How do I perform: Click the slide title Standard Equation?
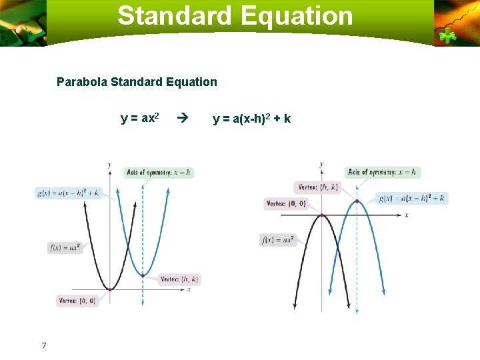point(235,16)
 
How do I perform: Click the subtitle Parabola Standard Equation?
point(137,82)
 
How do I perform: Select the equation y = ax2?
point(139,119)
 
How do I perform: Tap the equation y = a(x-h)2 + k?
point(251,119)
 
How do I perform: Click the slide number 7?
point(44,345)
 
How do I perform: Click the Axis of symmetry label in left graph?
point(159,172)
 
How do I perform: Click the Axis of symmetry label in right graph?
point(383,172)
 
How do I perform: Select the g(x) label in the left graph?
point(69,193)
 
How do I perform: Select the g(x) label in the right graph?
point(412,198)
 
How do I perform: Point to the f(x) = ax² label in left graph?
point(65,247)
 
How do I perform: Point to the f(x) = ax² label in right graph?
point(279,239)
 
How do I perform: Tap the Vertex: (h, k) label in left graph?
point(179,279)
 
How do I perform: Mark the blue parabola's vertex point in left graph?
point(143,275)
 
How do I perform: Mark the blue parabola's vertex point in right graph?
point(357,201)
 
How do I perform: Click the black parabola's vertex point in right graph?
point(322,215)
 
